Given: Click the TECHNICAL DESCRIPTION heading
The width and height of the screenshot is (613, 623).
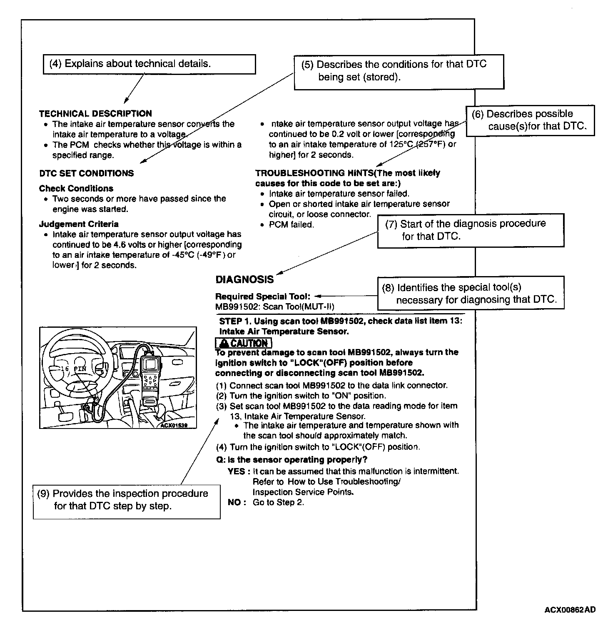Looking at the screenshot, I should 95,113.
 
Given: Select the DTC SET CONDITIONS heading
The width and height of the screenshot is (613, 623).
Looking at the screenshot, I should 87,173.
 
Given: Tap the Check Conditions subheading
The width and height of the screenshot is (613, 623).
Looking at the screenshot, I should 76,188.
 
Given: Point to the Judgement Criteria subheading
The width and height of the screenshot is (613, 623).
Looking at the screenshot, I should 79,224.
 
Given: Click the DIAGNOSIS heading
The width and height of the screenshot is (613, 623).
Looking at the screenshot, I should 245,279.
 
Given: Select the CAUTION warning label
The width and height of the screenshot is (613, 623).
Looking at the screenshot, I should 244,343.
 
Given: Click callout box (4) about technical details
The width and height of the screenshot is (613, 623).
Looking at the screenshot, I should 149,64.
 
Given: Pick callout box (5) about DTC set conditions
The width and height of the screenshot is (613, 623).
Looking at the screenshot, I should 399,71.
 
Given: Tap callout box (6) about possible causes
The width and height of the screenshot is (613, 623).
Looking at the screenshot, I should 530,120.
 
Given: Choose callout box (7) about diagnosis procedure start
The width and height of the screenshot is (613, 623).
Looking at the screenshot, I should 471,230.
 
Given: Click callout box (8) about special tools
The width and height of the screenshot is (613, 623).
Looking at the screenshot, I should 471,293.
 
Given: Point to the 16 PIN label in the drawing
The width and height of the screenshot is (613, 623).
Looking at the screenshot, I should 73,369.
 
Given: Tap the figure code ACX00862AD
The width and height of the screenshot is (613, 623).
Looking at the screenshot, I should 570,610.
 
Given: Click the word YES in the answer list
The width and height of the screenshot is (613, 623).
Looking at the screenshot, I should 236,471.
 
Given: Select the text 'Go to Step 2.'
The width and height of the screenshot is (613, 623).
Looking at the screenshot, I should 279,502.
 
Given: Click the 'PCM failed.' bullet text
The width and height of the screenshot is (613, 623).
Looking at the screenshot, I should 291,224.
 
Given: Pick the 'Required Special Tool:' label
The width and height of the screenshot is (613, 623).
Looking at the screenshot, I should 262,297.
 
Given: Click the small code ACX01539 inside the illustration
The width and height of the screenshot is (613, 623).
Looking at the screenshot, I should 174,425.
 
